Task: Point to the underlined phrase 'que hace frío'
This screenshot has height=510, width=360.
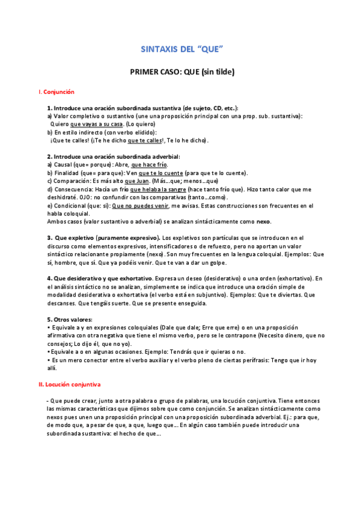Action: tap(149, 164)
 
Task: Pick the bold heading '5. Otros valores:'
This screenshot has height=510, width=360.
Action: tap(70, 319)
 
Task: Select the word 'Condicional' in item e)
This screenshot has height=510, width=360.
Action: tap(71, 205)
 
